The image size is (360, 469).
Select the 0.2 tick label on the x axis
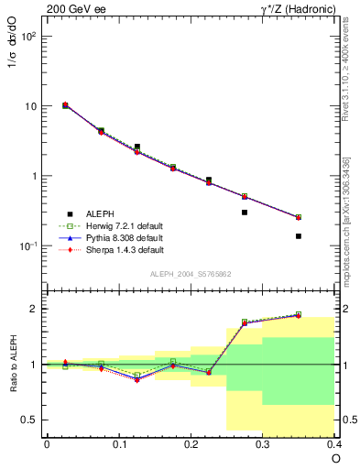[191, 442]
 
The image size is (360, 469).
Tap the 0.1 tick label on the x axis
[118, 442]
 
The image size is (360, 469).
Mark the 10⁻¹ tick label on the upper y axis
[27, 246]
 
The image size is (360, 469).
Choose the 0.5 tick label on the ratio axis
[29, 420]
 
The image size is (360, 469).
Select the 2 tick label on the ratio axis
[34, 309]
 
